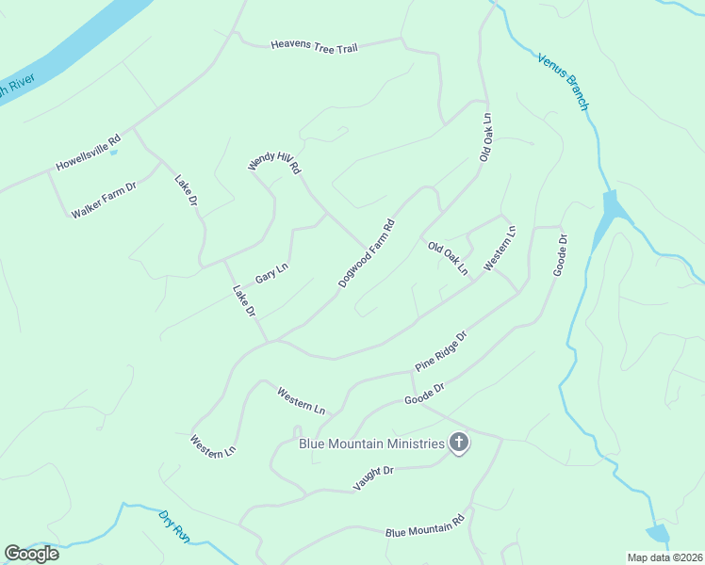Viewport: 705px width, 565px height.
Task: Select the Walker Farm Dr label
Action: pos(104,200)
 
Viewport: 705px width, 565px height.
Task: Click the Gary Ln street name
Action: pos(271,275)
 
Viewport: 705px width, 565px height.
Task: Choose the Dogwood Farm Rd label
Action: pos(366,254)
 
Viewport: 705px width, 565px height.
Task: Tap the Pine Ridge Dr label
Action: pos(441,350)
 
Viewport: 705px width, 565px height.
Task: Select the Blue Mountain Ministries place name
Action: pos(370,444)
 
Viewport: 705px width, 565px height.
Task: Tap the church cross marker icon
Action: pos(459,443)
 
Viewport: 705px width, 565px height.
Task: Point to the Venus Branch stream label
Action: pos(563,82)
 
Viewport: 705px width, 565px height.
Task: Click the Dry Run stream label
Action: pos(174,525)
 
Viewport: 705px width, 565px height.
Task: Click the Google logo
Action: pos(32,554)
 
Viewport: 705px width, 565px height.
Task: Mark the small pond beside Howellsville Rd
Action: pos(114,152)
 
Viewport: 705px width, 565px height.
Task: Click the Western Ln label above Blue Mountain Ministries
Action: pos(301,400)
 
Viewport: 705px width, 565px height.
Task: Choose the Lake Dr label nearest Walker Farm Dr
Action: pos(186,189)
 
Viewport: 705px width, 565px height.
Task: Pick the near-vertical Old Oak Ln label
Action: pos(486,138)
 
